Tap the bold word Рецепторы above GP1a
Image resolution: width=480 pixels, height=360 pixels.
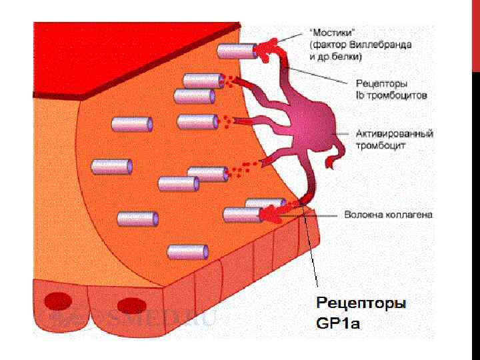[x=361, y=304]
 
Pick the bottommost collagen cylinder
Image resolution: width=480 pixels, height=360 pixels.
[x=187, y=251]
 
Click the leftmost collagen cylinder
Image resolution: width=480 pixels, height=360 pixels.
[x=111, y=166]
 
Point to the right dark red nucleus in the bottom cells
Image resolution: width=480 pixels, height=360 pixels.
[x=129, y=306]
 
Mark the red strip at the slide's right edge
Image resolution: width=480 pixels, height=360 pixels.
[x=475, y=33]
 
